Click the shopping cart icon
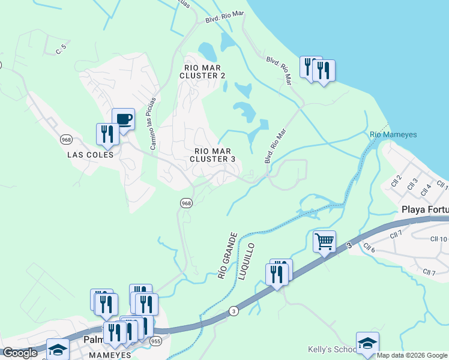324,242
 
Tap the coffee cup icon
123,119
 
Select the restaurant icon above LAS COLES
107,134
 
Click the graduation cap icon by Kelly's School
367,343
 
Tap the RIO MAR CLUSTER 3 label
212,155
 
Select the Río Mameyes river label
393,134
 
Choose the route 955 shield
156,341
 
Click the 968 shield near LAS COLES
66,139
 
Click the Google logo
20,353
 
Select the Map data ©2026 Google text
412,355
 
